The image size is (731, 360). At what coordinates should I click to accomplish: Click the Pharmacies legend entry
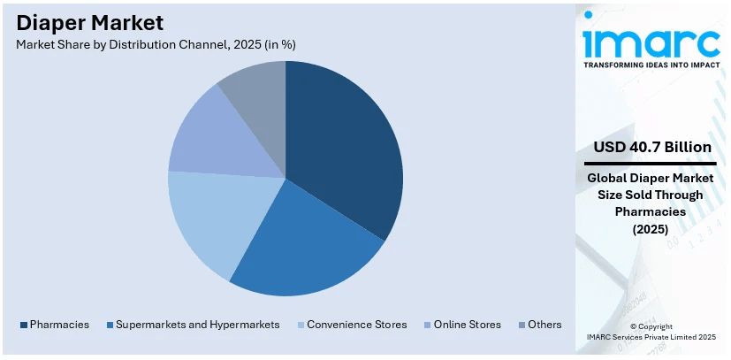tap(54, 325)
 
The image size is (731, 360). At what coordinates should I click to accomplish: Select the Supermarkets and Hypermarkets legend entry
tap(192, 325)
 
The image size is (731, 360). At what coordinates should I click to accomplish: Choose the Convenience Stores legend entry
tap(352, 325)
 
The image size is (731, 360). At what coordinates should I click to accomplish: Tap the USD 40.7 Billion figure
tap(651, 146)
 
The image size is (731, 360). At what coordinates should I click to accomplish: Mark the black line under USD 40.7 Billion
tap(651, 164)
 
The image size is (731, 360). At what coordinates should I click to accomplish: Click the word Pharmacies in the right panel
tap(651, 211)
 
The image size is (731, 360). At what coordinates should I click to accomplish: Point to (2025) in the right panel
tap(651, 228)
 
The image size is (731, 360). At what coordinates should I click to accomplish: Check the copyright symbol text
tap(651, 326)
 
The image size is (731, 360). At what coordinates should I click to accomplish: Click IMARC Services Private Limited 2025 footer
tap(651, 337)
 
